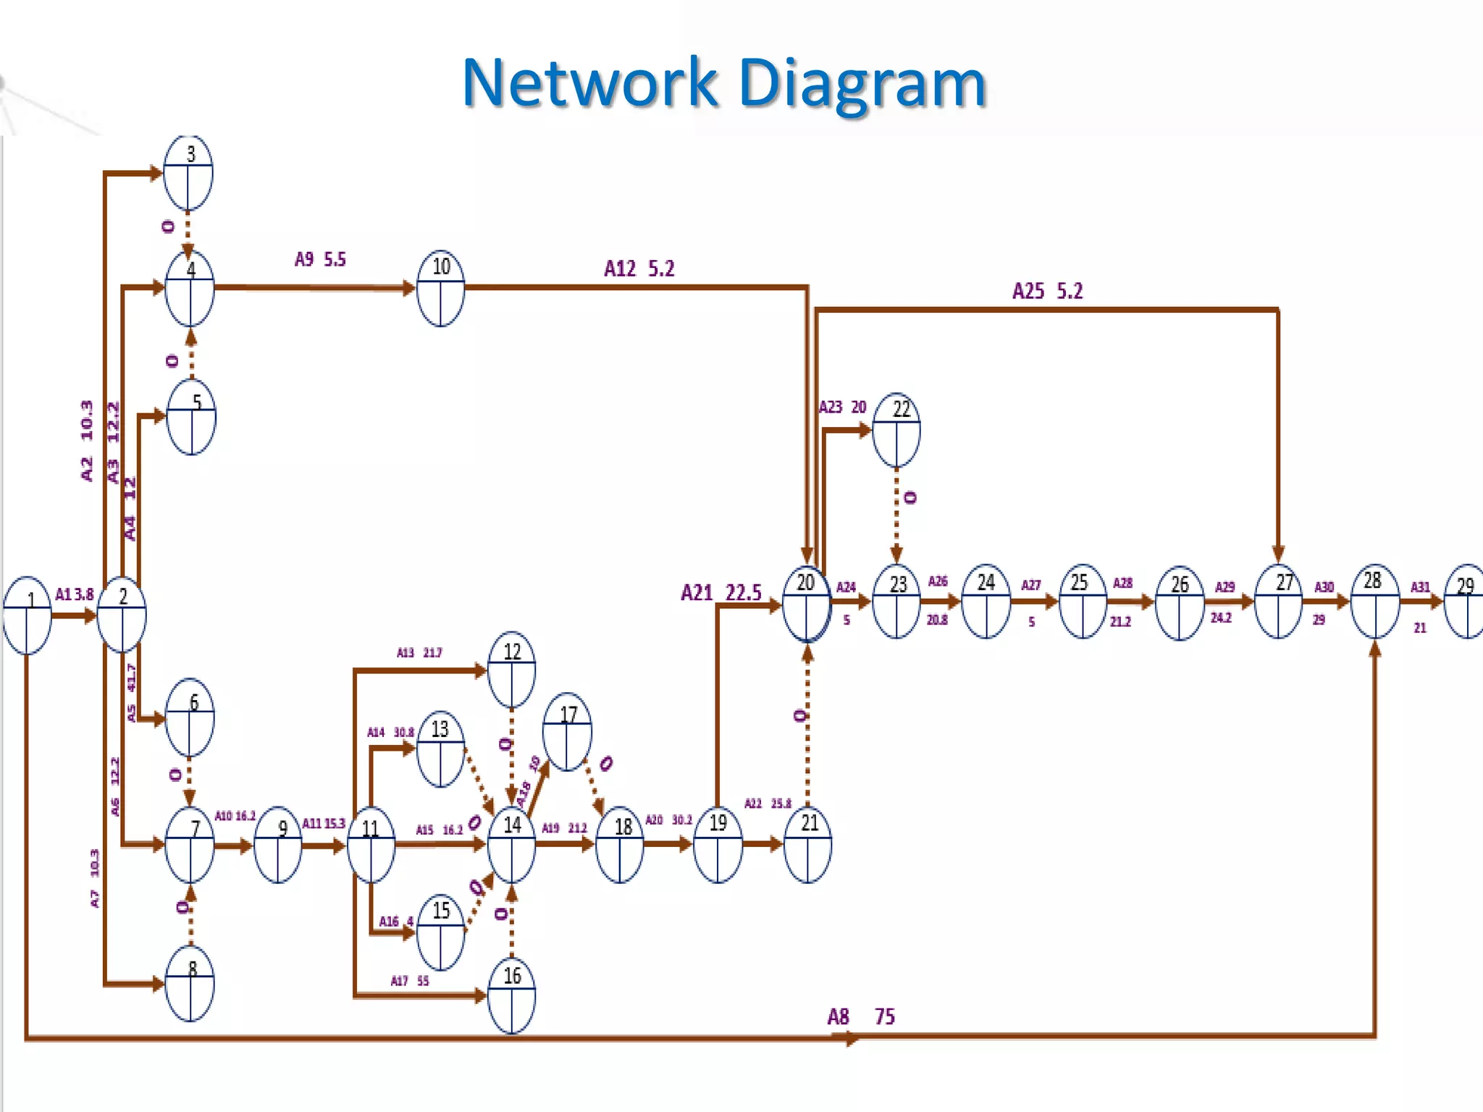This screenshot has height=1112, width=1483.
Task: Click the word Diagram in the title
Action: coord(862,84)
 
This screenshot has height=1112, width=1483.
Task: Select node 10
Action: coord(440,288)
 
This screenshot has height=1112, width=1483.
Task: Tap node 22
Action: coord(896,430)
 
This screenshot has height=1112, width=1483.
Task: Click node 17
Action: coord(568,731)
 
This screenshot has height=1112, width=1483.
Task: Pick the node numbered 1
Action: coord(28,615)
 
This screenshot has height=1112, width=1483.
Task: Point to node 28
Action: coord(1374,601)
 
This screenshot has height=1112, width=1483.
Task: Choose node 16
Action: coord(511,995)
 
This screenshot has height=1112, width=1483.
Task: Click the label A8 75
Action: coord(860,1016)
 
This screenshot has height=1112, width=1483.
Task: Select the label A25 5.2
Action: coord(1047,291)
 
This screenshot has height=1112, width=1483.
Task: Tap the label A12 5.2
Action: coord(639,269)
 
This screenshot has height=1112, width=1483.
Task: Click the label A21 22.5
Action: coord(721,593)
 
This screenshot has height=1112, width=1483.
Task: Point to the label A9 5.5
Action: coord(320,259)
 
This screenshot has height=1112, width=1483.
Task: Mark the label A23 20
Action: coord(842,407)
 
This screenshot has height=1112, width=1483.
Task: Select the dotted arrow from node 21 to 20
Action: coord(807,724)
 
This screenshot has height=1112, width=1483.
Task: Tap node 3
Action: coord(188,172)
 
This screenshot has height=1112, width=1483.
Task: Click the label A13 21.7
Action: coord(419,652)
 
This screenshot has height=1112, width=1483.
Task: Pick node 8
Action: coord(190,983)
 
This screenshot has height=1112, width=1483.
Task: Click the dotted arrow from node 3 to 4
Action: coord(188,230)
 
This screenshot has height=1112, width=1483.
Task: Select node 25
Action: coord(1082,601)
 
